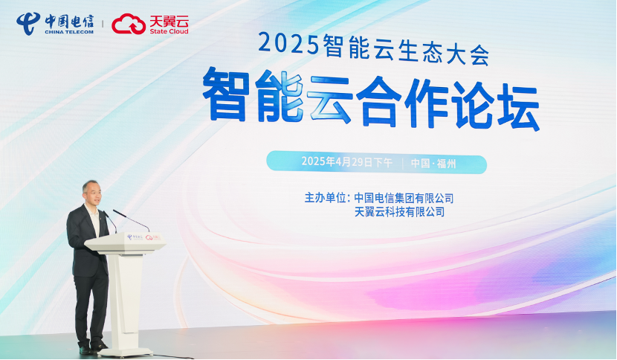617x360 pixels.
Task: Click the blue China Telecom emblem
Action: click(x=28, y=24)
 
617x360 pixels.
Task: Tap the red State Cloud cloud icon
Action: click(x=129, y=24)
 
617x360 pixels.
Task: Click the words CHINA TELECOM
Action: click(x=69, y=32)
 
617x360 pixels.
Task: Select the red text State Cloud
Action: click(x=169, y=31)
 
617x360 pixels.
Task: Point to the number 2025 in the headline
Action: click(x=288, y=44)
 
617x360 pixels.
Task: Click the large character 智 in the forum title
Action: click(x=226, y=94)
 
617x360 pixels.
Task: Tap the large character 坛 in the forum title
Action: click(x=514, y=106)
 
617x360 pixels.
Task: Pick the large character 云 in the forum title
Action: click(x=329, y=98)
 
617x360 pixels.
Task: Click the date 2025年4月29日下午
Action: click(x=346, y=161)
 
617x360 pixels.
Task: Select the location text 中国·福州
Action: click(x=433, y=163)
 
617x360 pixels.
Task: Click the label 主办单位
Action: click(x=324, y=197)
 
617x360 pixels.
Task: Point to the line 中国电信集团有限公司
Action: click(x=404, y=198)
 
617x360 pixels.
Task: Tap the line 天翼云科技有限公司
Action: click(x=399, y=212)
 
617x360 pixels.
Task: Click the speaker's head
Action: click(x=91, y=192)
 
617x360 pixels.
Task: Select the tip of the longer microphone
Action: click(x=114, y=210)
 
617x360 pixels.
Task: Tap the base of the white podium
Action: click(x=125, y=352)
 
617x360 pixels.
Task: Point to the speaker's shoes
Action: click(x=92, y=348)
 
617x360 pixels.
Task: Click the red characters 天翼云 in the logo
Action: click(x=169, y=21)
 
